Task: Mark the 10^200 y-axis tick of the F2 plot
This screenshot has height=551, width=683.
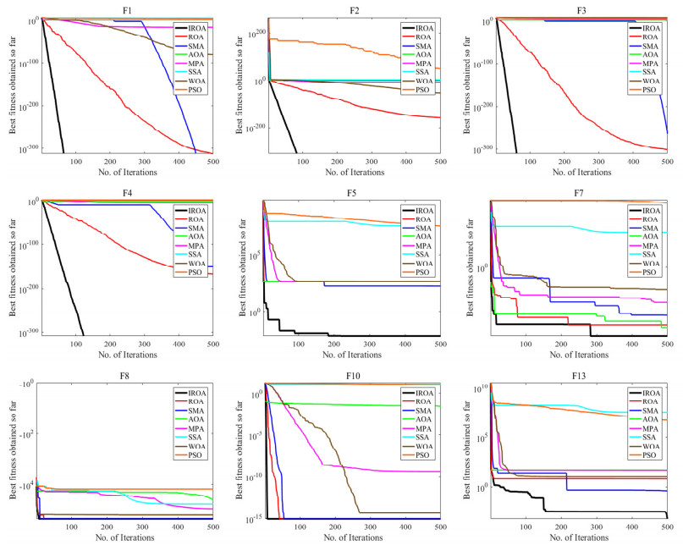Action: [251, 32]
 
